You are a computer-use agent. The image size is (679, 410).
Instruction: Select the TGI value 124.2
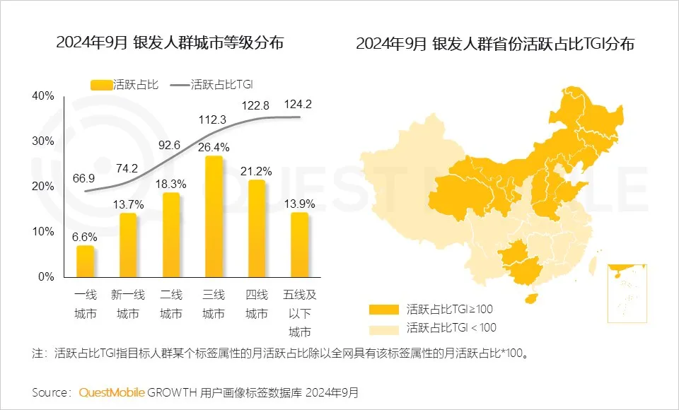tap(298, 105)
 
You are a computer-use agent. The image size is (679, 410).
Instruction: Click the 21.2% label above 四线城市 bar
tap(257, 170)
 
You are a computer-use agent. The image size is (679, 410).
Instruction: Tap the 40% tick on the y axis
tap(43, 96)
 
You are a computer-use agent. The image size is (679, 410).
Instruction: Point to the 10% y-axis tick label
tap(43, 232)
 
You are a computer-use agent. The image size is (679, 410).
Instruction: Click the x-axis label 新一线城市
tap(128, 303)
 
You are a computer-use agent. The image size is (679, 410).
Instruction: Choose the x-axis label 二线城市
tap(170, 303)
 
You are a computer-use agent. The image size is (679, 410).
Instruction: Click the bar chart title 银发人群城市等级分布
tap(169, 42)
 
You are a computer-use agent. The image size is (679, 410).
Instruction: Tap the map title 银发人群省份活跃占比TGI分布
tap(495, 44)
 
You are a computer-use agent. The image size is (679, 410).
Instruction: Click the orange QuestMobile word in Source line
tap(112, 392)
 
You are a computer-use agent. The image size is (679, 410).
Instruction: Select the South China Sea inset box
tap(627, 292)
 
